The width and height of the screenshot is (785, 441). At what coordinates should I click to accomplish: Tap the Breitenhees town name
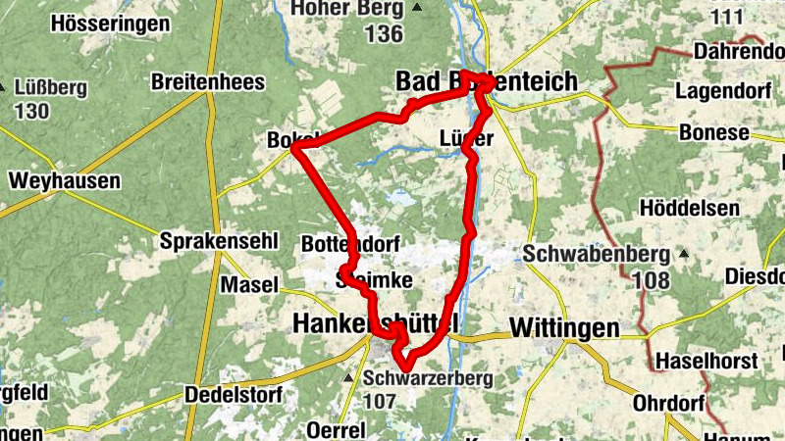208,83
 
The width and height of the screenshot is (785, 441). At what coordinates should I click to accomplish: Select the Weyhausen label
64,181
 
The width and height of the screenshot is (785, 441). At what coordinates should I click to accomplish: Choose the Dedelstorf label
234,396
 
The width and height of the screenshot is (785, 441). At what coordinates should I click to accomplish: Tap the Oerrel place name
336,430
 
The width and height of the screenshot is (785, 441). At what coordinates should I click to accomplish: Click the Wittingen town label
565,327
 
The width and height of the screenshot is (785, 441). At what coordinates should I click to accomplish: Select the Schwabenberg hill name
596,254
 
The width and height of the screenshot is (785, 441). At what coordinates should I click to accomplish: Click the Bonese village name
713,132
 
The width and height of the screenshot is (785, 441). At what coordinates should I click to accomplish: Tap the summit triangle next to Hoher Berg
418,9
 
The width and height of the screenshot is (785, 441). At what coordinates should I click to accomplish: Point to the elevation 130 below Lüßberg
31,110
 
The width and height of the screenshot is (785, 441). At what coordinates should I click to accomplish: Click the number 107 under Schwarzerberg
379,400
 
